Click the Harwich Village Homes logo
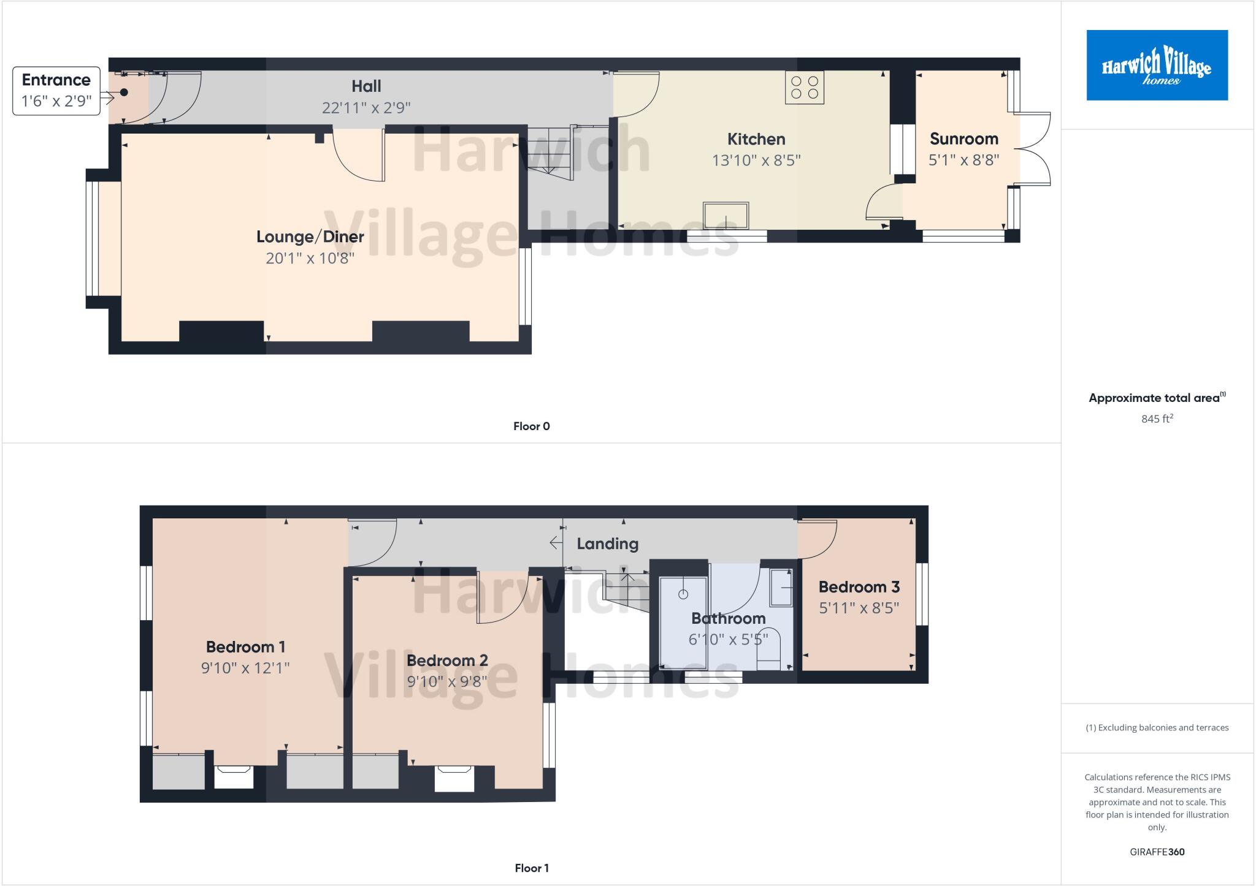point(1157,65)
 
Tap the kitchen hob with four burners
point(805,88)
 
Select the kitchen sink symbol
point(726,215)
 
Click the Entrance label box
point(56,91)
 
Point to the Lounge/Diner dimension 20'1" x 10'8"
point(310,258)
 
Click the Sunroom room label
point(963,139)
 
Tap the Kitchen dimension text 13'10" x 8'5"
point(756,161)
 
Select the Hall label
point(366,86)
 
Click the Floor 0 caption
point(531,426)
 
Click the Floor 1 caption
point(531,868)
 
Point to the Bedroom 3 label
point(859,587)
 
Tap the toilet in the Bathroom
point(768,649)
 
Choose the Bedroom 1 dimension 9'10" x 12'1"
point(245,668)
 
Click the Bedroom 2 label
point(447,661)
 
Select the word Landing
point(607,544)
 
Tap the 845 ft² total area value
point(1157,419)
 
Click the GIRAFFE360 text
point(1157,852)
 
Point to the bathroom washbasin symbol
point(781,588)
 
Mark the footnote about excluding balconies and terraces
point(1157,728)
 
